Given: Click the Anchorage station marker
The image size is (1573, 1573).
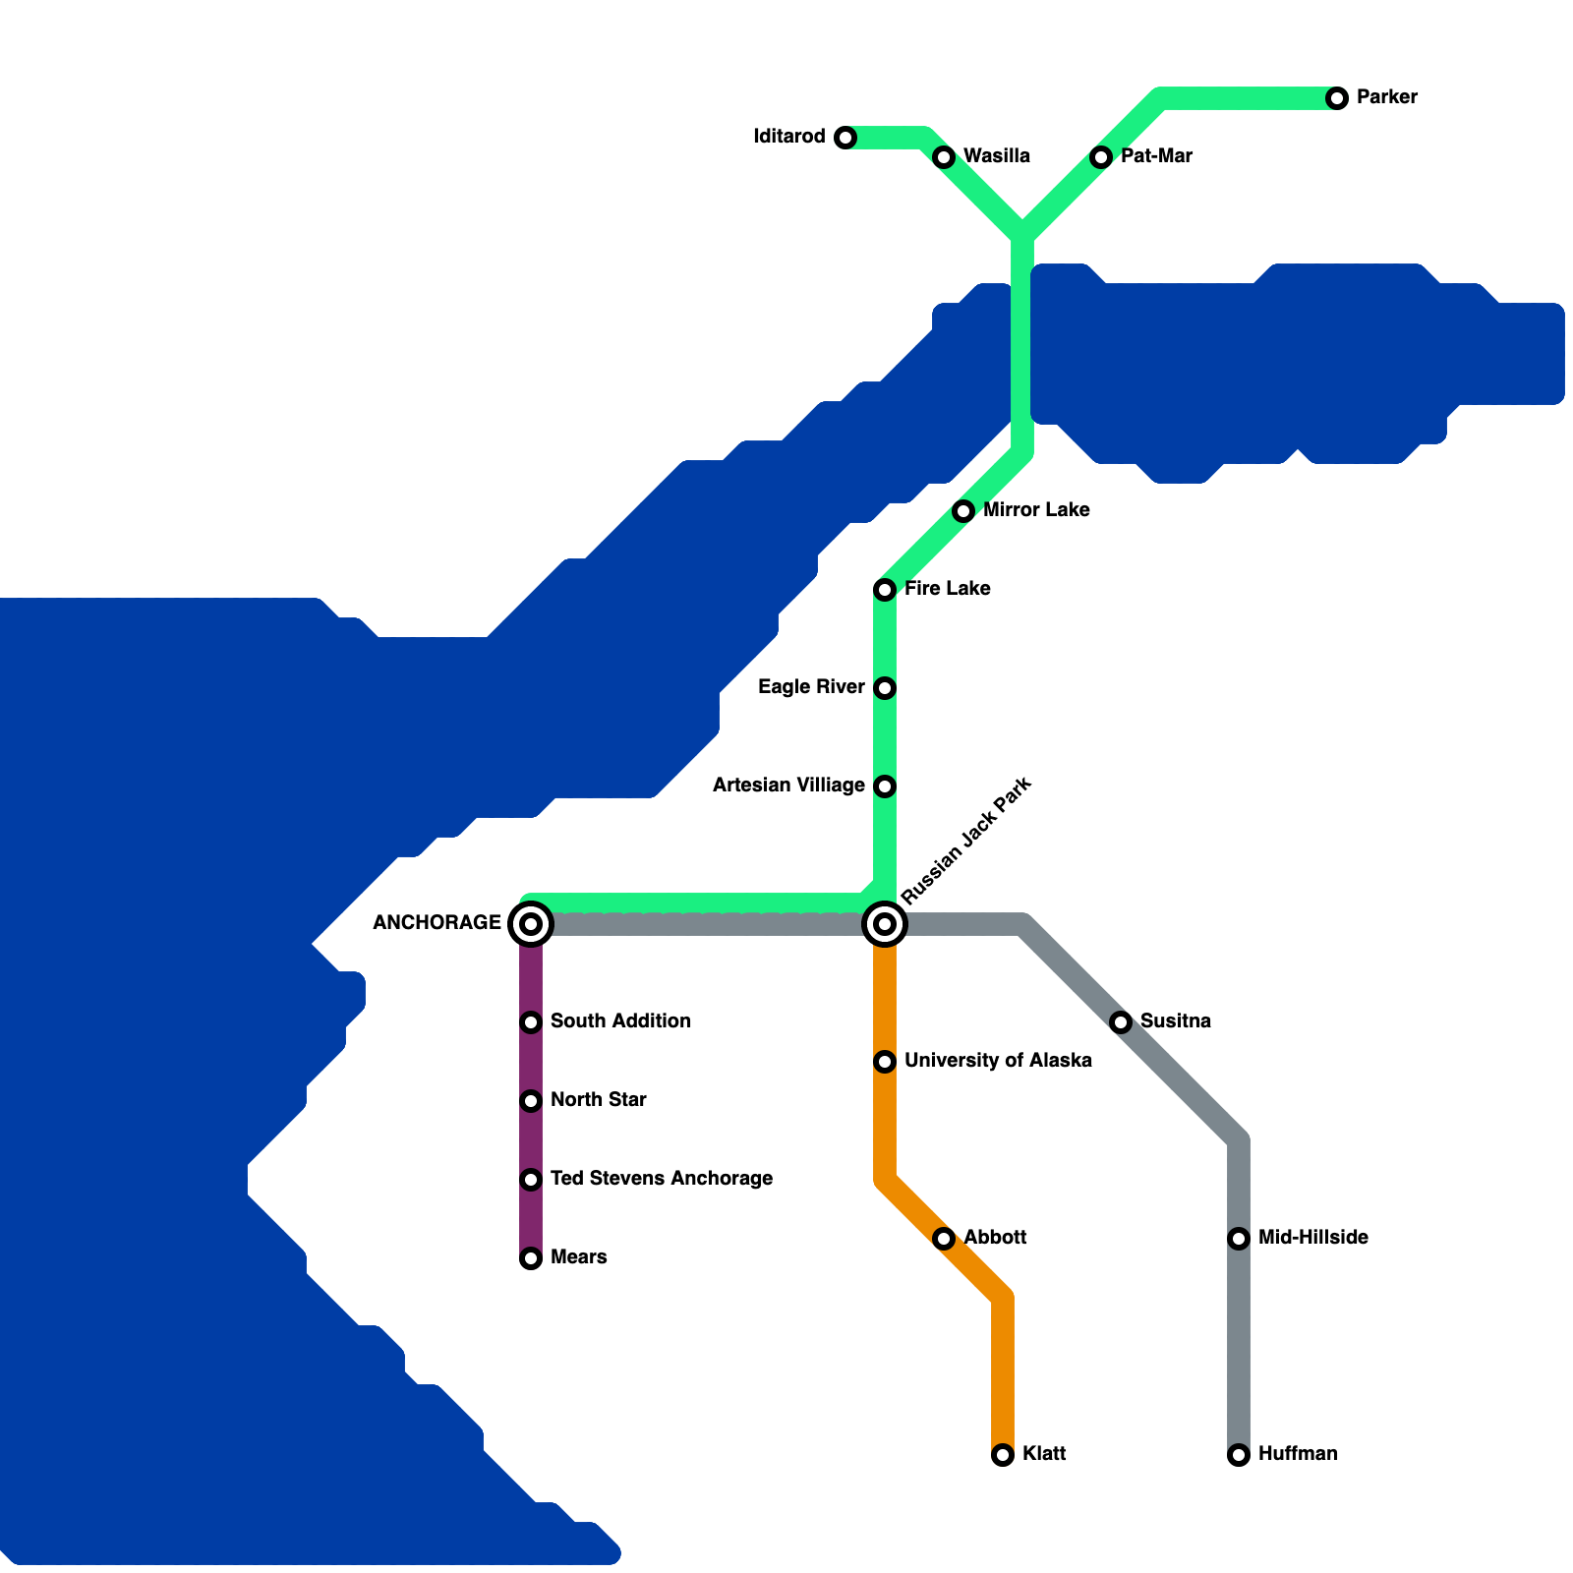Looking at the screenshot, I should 531,924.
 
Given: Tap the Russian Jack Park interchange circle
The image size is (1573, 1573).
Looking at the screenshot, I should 885,924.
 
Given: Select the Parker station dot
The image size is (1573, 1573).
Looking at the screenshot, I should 1337,98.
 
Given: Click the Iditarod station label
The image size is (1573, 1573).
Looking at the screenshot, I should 789,137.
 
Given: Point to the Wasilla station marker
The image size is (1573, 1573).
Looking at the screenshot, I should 944,157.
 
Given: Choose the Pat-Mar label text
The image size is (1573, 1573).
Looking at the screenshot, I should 1156,156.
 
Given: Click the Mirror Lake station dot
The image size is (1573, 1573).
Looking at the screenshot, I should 963,511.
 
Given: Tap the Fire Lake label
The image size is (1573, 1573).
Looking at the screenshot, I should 947,589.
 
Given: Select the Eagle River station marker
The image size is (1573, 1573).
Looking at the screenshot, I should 885,688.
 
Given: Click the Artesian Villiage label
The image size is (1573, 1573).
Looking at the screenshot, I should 788,786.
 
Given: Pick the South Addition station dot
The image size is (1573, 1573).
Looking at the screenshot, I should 531,1022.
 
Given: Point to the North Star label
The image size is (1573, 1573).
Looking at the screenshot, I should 598,1100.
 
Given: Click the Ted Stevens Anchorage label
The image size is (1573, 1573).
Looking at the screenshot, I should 661,1179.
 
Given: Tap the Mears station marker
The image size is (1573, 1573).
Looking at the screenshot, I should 531,1258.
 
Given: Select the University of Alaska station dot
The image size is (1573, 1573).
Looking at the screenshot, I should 885,1062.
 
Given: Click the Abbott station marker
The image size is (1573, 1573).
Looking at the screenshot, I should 944,1239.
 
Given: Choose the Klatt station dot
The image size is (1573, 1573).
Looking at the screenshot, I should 1003,1455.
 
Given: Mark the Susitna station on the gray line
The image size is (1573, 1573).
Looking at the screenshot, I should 1121,1022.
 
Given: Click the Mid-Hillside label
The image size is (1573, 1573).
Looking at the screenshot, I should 1312,1238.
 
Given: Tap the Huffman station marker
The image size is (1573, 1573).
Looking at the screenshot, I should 1239,1455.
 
